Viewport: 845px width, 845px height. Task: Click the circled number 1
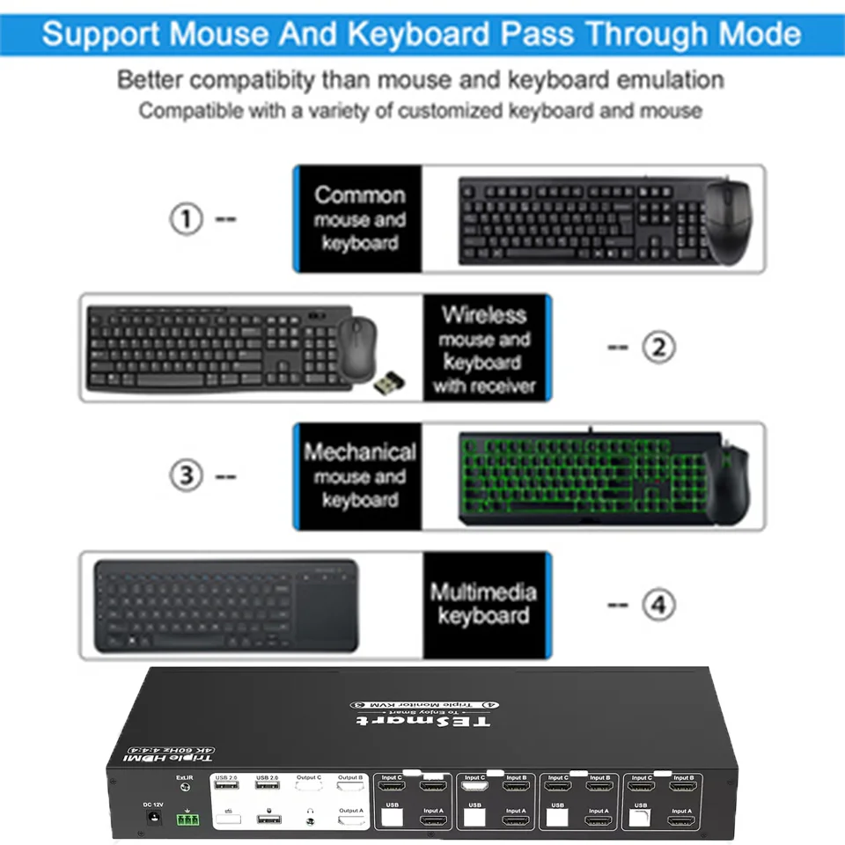click(186, 218)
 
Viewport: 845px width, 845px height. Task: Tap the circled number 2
click(658, 348)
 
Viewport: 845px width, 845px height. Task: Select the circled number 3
click(186, 476)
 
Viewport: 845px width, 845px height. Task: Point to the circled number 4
click(658, 605)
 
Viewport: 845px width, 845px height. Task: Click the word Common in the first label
click(359, 195)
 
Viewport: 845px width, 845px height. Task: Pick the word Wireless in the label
click(484, 314)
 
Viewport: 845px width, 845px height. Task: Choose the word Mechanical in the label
click(359, 452)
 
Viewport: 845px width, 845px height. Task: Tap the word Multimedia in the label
click(483, 591)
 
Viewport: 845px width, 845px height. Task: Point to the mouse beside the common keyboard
click(730, 221)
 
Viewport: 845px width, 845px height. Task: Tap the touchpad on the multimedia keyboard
click(327, 608)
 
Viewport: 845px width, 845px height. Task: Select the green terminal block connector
click(187, 819)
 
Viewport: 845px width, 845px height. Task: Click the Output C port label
click(308, 777)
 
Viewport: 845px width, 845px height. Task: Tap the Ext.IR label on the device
click(184, 777)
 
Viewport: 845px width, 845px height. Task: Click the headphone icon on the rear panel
click(310, 810)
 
